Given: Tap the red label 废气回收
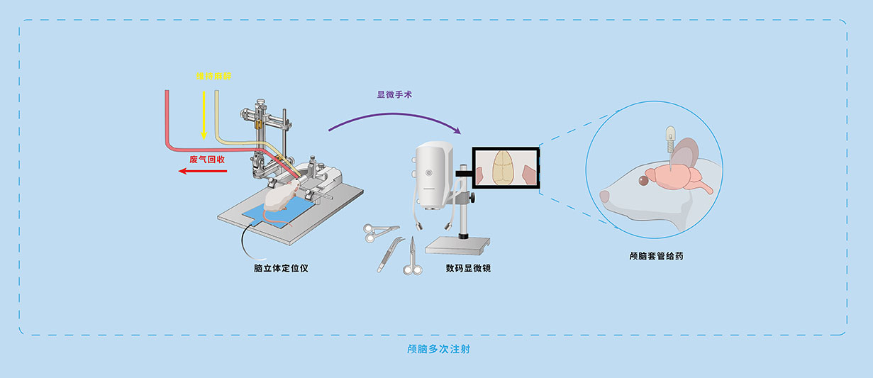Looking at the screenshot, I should pos(207,160).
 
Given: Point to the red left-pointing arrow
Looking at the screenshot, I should pos(202,171).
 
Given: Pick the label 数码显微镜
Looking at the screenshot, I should pos(468,268).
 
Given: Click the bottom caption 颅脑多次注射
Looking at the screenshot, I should pos(437,350).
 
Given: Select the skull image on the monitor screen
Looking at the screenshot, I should pos(504,168).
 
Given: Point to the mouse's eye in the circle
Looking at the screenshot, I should pos(643,181).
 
